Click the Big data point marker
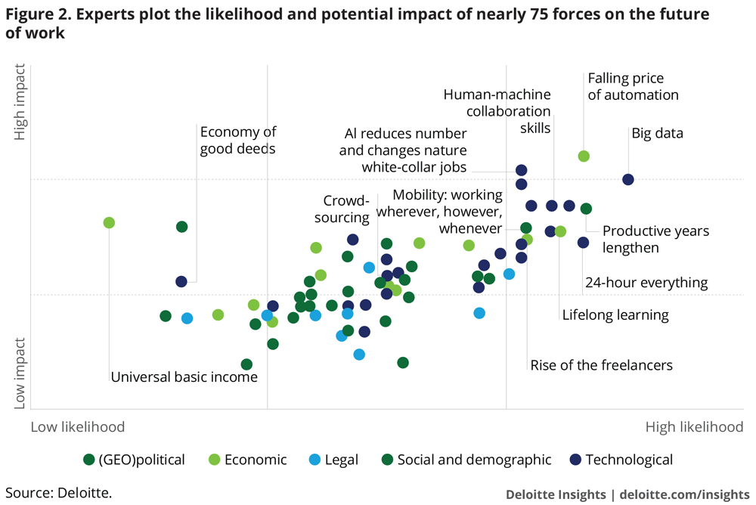tap(627, 179)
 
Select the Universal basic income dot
tap(109, 222)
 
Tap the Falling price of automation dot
tap(584, 156)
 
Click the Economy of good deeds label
tap(237, 140)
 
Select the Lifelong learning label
tap(615, 314)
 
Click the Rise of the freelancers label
tap(601, 365)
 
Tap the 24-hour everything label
tap(646, 283)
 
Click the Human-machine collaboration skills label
tap(497, 111)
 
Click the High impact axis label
tap(20, 102)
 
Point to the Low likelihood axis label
tap(77, 427)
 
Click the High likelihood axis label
tap(694, 427)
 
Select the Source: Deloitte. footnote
tap(58, 494)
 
